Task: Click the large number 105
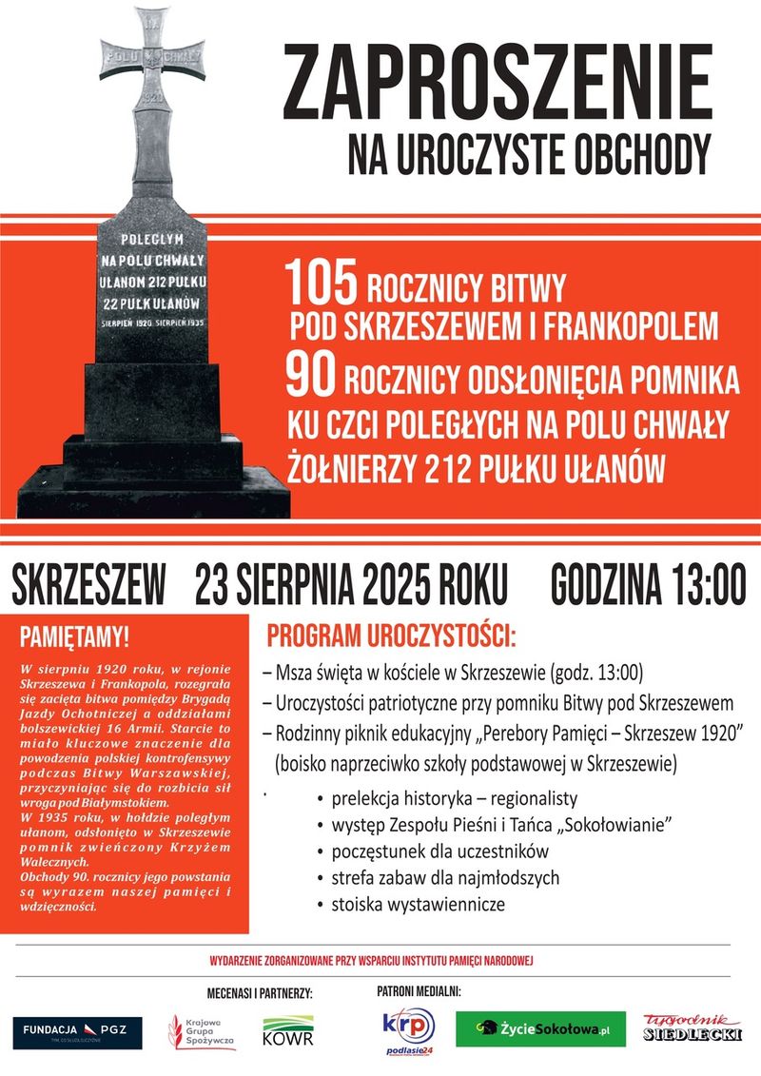[321, 284]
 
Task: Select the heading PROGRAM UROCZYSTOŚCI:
[392, 635]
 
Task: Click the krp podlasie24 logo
[407, 1031]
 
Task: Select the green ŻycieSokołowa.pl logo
[540, 1029]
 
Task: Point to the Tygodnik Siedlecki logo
[692, 1027]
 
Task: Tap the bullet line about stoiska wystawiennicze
[418, 904]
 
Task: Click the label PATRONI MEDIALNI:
[419, 990]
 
